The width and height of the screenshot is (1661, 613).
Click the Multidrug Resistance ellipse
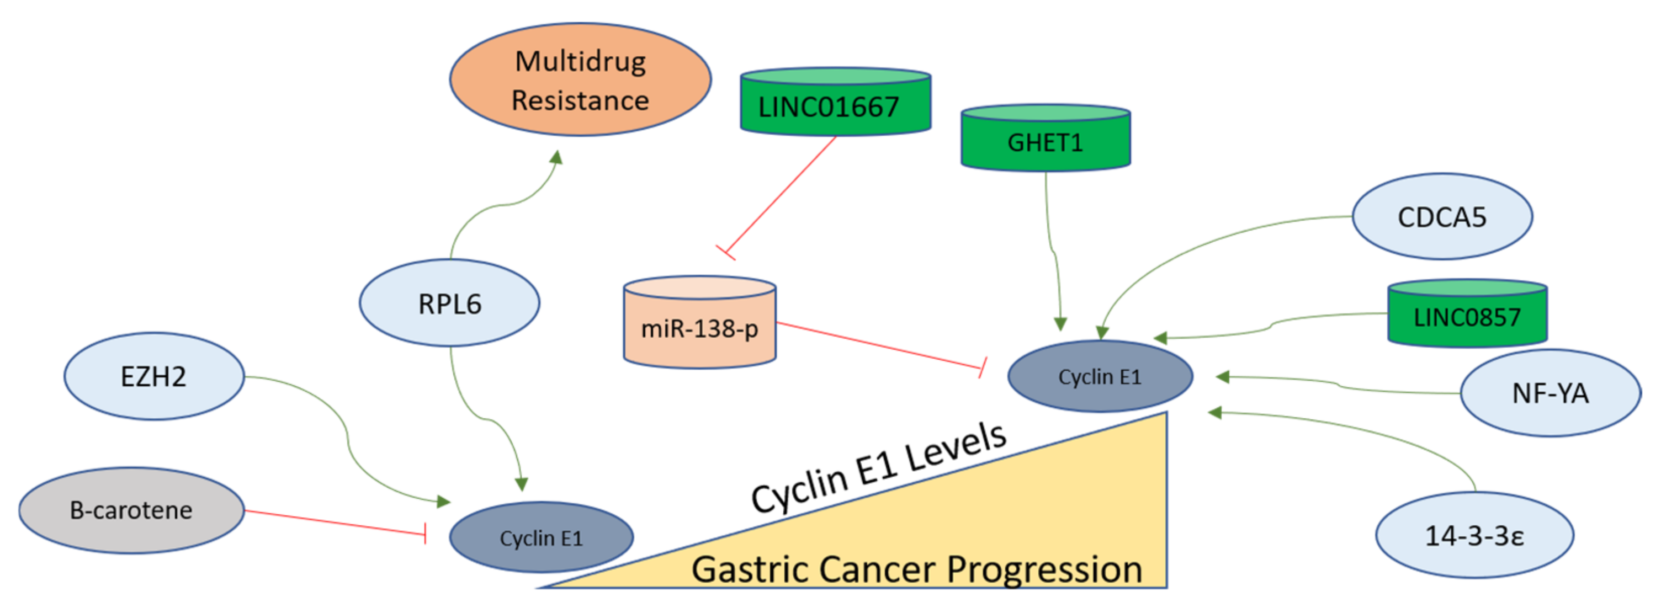[580, 80]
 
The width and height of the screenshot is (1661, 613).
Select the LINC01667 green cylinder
[836, 103]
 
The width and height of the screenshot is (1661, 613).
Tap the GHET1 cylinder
[1045, 139]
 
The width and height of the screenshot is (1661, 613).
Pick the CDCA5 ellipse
[1442, 217]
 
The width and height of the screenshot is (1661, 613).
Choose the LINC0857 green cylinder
[1467, 315]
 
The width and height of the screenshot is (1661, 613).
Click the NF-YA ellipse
[1550, 392]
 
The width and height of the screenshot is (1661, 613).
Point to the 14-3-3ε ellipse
[1474, 535]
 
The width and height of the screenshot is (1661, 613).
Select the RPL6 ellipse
[449, 303]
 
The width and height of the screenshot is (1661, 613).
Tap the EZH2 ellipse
[153, 376]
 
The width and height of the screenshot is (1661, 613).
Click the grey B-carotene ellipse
[131, 510]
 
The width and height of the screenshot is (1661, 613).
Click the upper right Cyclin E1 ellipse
[1100, 376]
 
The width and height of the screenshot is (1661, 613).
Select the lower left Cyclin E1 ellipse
[541, 537]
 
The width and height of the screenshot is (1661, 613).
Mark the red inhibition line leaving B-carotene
[335, 522]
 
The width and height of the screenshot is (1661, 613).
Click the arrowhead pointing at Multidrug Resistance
[556, 157]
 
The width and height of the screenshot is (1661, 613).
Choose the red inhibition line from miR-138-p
[880, 345]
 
